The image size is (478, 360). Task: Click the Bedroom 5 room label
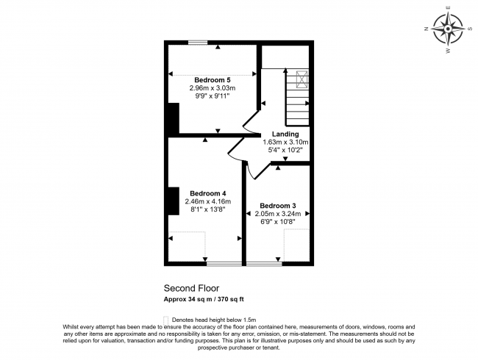[x=213, y=79]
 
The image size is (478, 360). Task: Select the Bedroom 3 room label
[x=278, y=205]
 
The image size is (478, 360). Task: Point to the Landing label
[x=285, y=134]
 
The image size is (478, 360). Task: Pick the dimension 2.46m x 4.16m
[x=207, y=201]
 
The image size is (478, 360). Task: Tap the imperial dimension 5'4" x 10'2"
[x=285, y=150]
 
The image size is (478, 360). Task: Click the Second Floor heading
[x=190, y=289]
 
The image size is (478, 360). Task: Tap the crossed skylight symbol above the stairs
[x=301, y=79]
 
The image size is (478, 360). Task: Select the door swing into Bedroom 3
[x=253, y=172]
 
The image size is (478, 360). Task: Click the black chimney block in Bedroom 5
[x=173, y=118]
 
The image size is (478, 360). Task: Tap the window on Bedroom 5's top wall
[x=196, y=42]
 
